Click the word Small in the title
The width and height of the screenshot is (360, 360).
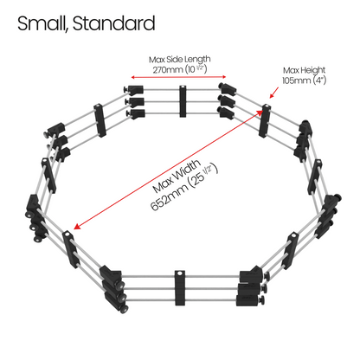[42, 23]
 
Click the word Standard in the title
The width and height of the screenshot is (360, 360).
[114, 23]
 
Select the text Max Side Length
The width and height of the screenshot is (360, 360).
[179, 60]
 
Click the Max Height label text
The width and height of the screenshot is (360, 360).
[304, 70]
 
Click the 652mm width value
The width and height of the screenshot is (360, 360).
[170, 197]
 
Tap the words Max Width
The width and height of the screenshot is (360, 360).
[177, 176]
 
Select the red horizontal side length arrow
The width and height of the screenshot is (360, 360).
[178, 77]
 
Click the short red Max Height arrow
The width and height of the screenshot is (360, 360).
[274, 93]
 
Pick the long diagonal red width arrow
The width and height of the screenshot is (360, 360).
[169, 170]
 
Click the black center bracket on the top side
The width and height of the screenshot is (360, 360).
[183, 101]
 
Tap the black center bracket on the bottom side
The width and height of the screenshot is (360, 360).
[180, 288]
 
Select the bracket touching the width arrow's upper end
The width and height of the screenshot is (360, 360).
[265, 121]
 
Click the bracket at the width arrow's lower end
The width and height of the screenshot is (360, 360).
[70, 249]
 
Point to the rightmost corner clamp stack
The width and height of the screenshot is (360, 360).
[328, 215]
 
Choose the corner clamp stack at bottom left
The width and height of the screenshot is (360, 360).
[113, 288]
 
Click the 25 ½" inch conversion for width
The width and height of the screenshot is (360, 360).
[202, 176]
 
